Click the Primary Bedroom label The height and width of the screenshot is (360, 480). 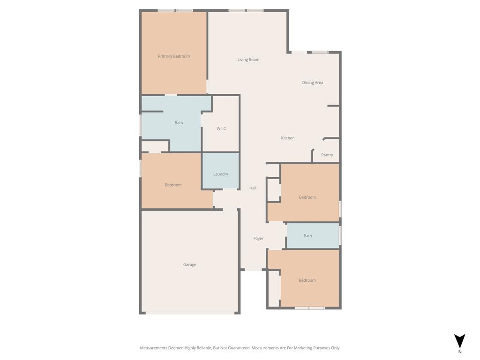click(x=174, y=56)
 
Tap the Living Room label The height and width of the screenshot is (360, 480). click(x=248, y=60)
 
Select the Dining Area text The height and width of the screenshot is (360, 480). click(x=312, y=82)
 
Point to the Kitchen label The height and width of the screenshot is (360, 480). click(x=288, y=138)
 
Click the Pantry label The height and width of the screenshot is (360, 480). click(x=327, y=155)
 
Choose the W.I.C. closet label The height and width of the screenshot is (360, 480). click(x=222, y=128)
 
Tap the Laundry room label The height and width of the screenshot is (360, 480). click(x=220, y=174)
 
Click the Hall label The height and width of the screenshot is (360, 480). click(x=253, y=188)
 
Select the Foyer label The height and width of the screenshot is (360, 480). click(x=258, y=239)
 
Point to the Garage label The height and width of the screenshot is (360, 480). click(x=189, y=264)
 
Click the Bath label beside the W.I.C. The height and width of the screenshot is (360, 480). click(x=179, y=123)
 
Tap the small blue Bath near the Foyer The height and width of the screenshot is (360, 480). click(x=307, y=236)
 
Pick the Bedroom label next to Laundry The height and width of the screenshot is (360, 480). click(x=173, y=185)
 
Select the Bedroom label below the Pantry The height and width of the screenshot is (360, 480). click(x=307, y=197)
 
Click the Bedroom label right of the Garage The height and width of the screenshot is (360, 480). click(x=307, y=280)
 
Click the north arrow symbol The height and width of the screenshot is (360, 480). click(x=459, y=340)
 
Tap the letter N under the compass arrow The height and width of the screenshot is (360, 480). click(x=460, y=352)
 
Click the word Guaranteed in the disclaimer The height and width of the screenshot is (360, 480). click(x=238, y=348)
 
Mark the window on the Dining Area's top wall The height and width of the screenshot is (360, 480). click(x=320, y=52)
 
